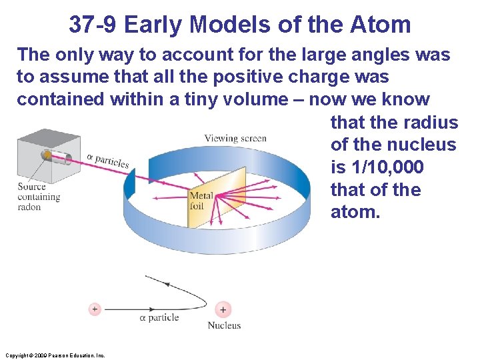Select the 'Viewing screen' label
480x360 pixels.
235,139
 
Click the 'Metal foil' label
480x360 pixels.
201,201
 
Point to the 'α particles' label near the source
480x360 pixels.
107,161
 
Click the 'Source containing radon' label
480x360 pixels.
39,197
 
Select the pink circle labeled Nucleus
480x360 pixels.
223,309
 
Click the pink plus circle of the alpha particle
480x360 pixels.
95,309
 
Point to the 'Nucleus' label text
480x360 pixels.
224,325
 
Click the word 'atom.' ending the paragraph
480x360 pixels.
355,212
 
